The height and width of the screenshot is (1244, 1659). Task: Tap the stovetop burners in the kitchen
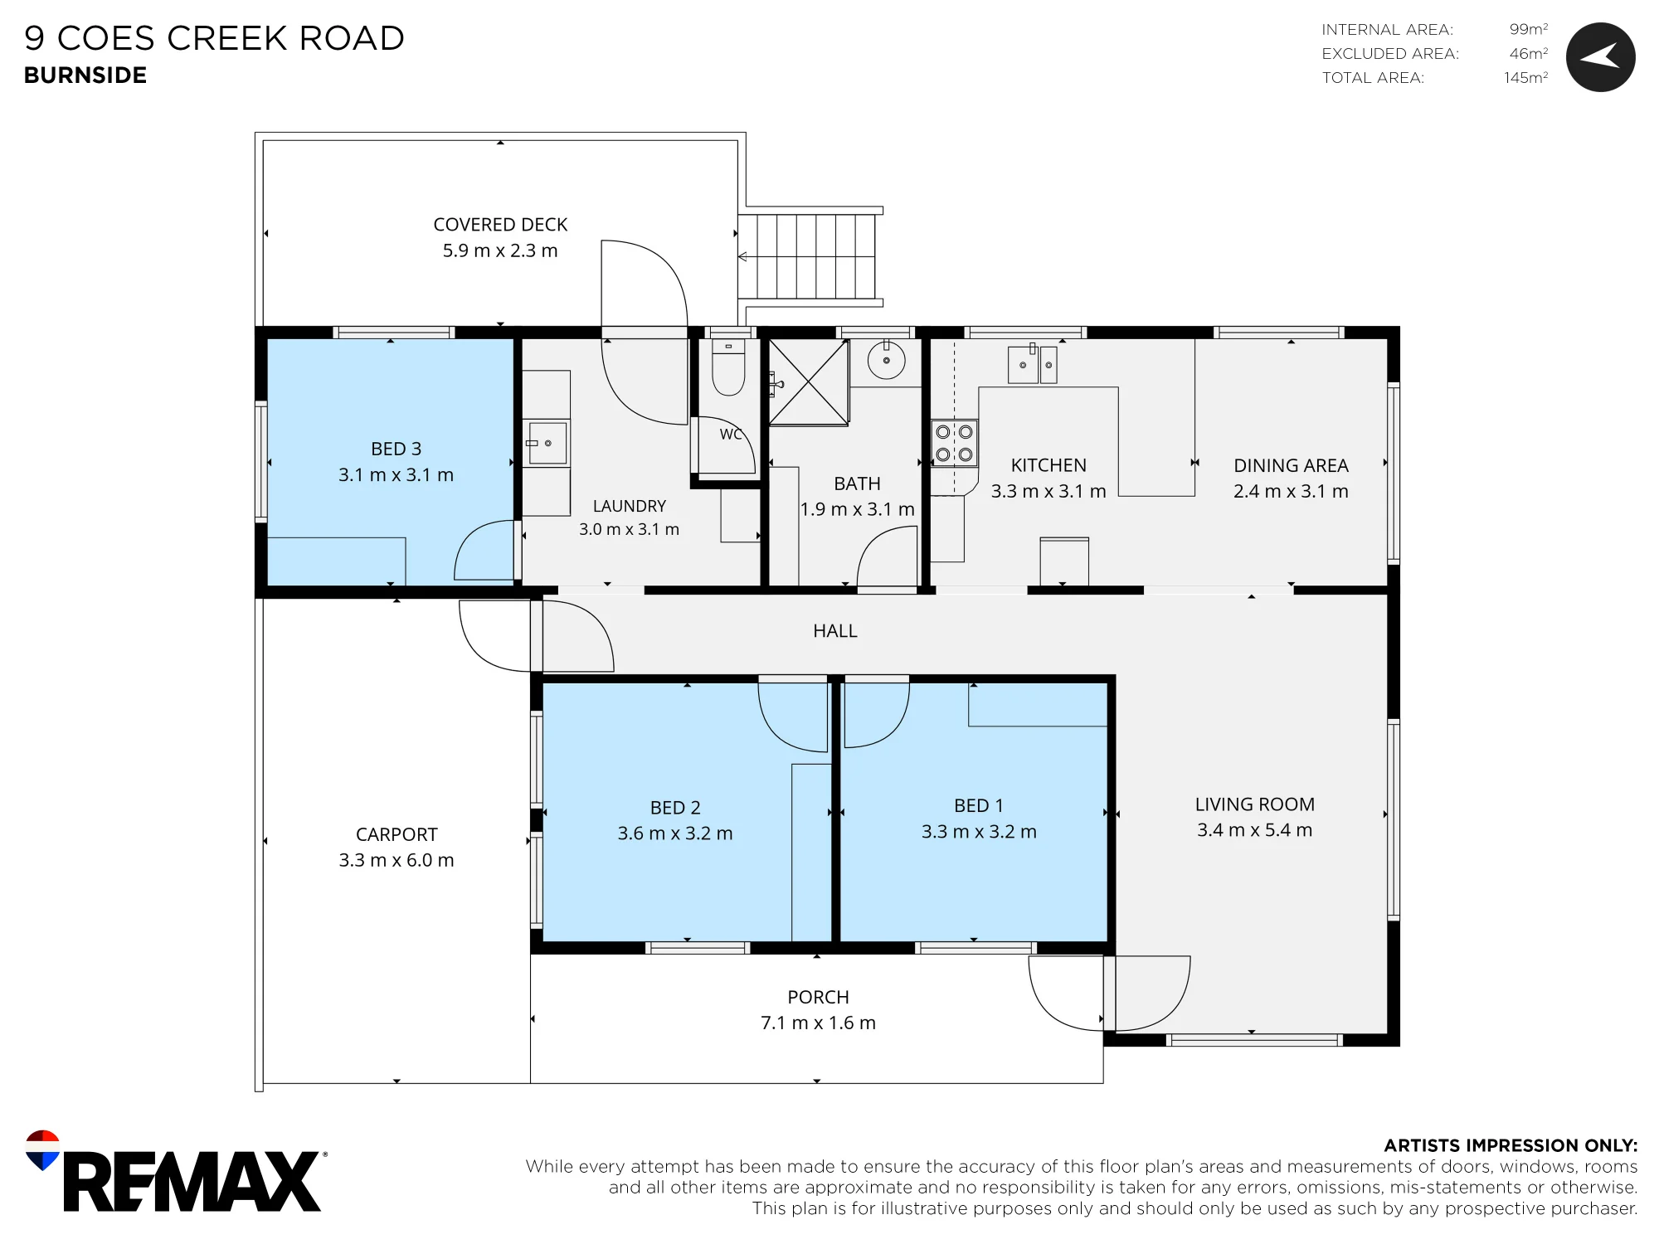click(954, 444)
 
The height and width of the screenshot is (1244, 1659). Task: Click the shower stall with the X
click(809, 382)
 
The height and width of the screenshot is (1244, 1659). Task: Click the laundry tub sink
click(547, 443)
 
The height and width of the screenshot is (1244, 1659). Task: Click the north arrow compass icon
click(1600, 57)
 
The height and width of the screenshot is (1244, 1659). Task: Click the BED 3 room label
click(397, 449)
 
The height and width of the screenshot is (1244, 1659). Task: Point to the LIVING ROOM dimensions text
click(1254, 830)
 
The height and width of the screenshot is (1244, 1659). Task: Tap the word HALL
click(835, 631)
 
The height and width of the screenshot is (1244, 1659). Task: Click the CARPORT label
click(397, 834)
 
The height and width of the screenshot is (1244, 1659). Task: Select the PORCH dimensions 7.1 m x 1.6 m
click(818, 1023)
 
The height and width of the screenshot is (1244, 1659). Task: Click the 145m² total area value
click(1526, 77)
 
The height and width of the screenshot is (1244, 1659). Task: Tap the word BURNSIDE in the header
click(85, 75)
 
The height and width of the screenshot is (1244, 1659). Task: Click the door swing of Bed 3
click(484, 550)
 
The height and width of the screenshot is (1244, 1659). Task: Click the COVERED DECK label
click(500, 225)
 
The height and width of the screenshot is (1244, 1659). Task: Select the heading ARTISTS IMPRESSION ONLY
click(1511, 1145)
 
